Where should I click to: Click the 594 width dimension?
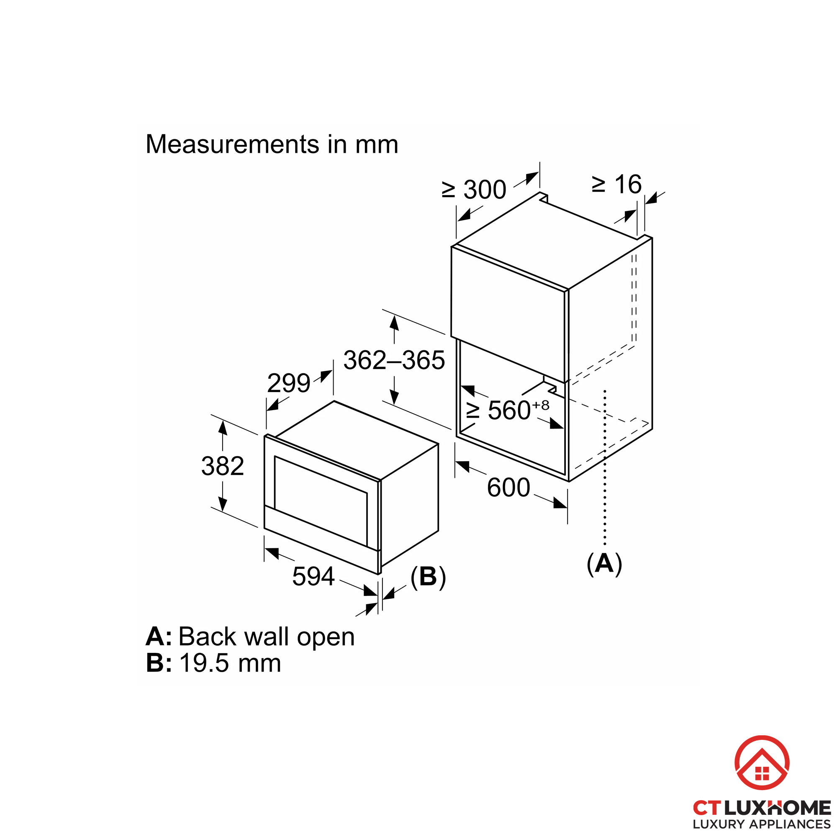click(313, 576)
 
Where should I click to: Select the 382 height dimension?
click(223, 466)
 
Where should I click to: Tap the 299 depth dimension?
click(288, 383)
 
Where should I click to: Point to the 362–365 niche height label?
click(394, 360)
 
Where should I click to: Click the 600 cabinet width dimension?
click(508, 488)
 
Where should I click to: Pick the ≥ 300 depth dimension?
click(474, 190)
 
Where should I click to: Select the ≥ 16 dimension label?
click(617, 185)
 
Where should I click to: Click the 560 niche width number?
click(509, 410)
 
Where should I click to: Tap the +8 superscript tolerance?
click(541, 405)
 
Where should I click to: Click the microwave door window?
click(321, 501)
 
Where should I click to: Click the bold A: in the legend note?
click(159, 637)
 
